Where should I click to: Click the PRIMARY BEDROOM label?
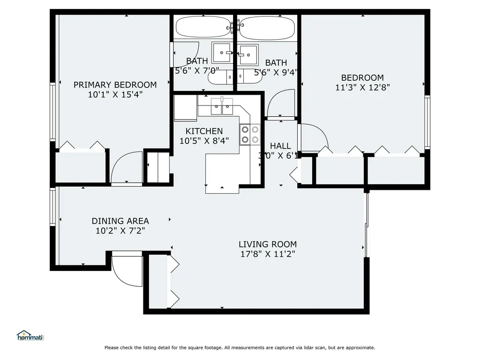115,85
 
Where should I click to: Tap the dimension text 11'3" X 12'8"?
362,87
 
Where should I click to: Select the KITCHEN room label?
204,131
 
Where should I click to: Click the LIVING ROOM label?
268,244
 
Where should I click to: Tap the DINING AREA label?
120,221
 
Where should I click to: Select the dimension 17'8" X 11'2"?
268,254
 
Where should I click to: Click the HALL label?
280,146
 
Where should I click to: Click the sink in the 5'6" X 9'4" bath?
248,55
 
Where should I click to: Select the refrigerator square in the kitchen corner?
186,108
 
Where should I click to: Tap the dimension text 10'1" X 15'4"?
115,94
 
